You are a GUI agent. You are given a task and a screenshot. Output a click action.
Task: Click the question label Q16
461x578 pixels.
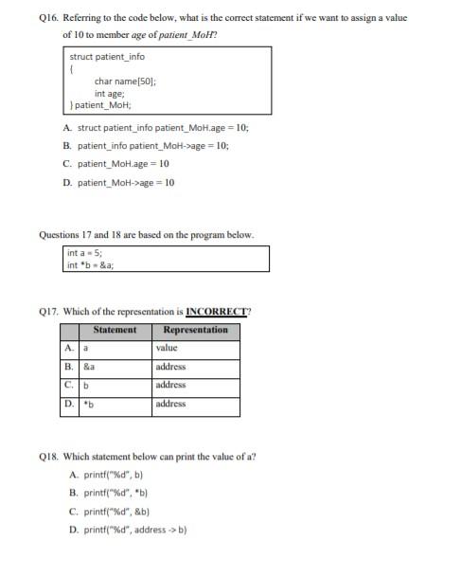point(49,16)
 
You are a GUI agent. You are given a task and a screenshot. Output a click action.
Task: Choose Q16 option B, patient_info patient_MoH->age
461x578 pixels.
point(151,146)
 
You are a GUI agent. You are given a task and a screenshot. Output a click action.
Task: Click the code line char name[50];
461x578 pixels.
point(125,81)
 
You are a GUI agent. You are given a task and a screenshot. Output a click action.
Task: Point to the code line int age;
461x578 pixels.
point(110,93)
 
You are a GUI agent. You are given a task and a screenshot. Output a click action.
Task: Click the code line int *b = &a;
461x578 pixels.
point(93,265)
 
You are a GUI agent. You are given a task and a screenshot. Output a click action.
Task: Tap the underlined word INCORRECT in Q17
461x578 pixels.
point(216,310)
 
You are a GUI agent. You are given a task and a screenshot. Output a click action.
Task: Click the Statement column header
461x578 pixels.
point(115,330)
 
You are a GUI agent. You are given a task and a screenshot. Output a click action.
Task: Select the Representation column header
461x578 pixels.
point(195,330)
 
